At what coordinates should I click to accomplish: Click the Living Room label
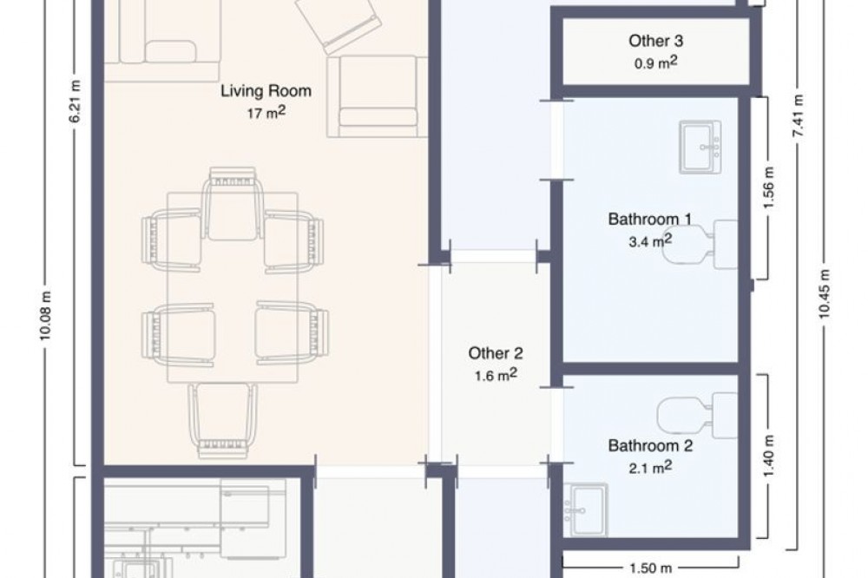pyautogui.click(x=266, y=91)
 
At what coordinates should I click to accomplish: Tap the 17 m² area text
pyautogui.click(x=266, y=113)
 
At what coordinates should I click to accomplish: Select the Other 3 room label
pyautogui.click(x=655, y=41)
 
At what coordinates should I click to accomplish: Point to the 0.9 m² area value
pyautogui.click(x=655, y=62)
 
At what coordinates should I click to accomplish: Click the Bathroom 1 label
pyautogui.click(x=650, y=220)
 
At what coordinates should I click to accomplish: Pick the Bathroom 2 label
pyautogui.click(x=650, y=446)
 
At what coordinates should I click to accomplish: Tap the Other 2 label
pyautogui.click(x=496, y=353)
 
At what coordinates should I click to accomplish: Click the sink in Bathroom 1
pyautogui.click(x=700, y=147)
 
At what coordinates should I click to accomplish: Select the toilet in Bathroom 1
pyautogui.click(x=700, y=244)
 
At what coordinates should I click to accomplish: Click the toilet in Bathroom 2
pyautogui.click(x=698, y=414)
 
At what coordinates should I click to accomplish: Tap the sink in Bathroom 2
pyautogui.click(x=586, y=510)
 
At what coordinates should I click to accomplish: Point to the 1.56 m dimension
pyautogui.click(x=768, y=188)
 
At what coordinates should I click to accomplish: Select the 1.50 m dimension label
pyautogui.click(x=650, y=568)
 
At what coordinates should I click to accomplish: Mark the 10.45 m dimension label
pyautogui.click(x=825, y=293)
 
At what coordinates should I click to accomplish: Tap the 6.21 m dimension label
pyautogui.click(x=76, y=102)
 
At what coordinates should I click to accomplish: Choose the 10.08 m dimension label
pyautogui.click(x=46, y=316)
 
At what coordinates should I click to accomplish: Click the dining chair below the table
pyautogui.click(x=222, y=421)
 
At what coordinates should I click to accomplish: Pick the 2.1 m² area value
pyautogui.click(x=650, y=468)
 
